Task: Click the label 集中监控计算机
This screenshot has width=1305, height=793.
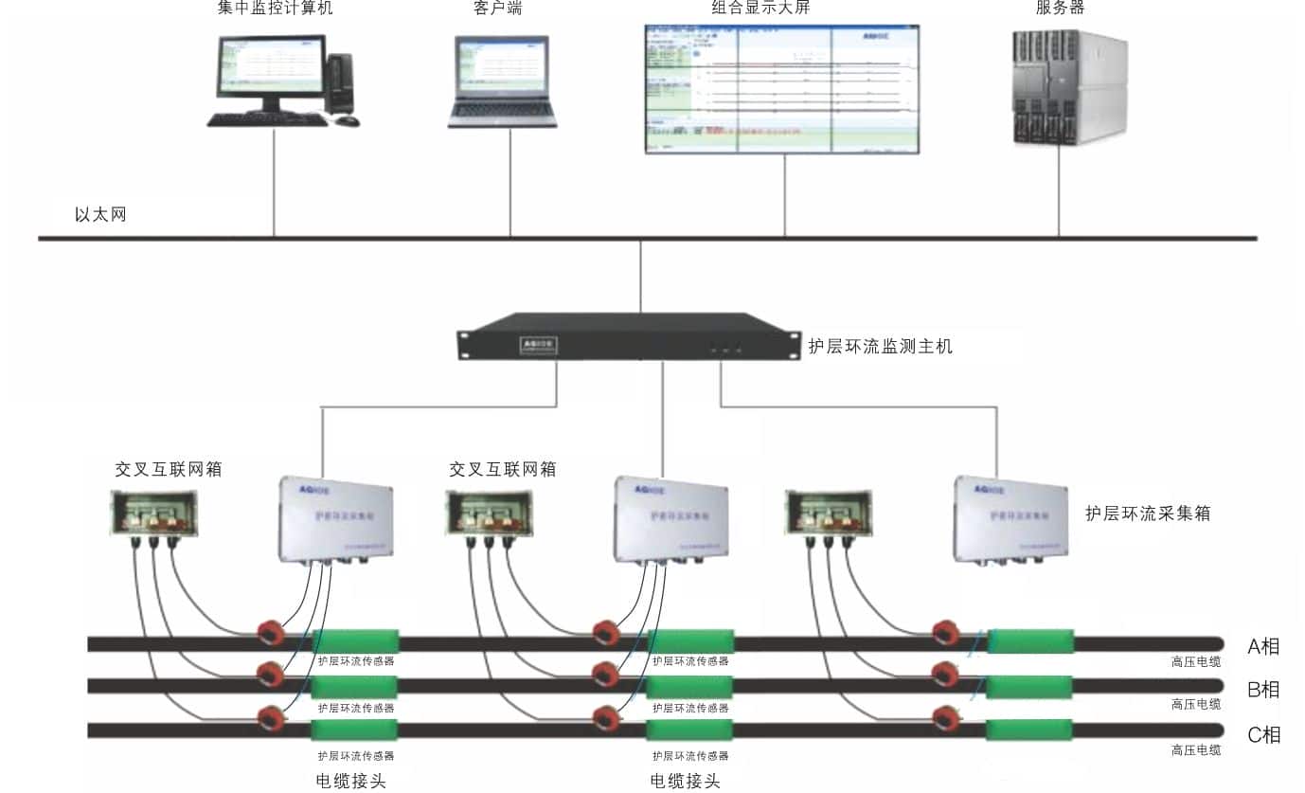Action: [275, 9]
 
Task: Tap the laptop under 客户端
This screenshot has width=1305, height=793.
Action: [502, 81]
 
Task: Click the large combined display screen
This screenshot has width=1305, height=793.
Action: [781, 88]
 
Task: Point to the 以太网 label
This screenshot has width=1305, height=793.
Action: [100, 215]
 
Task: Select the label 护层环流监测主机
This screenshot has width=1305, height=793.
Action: [880, 347]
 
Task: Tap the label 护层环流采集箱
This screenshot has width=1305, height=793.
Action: [1148, 514]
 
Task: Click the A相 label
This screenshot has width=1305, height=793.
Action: [1263, 647]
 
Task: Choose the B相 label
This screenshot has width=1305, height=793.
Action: [1263, 690]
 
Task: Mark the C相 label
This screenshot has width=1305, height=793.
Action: [1263, 734]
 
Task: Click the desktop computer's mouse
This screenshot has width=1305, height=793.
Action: [347, 120]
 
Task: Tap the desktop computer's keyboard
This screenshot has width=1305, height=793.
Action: [267, 120]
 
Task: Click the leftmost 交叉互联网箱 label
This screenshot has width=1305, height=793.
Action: [169, 469]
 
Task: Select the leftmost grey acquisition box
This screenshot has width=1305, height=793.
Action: [336, 519]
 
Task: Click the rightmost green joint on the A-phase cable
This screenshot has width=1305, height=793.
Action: [1030, 641]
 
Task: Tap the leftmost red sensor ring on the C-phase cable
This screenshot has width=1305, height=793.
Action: [272, 717]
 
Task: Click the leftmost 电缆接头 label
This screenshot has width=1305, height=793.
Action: [350, 781]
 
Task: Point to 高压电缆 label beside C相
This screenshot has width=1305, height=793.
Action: [1195, 750]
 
